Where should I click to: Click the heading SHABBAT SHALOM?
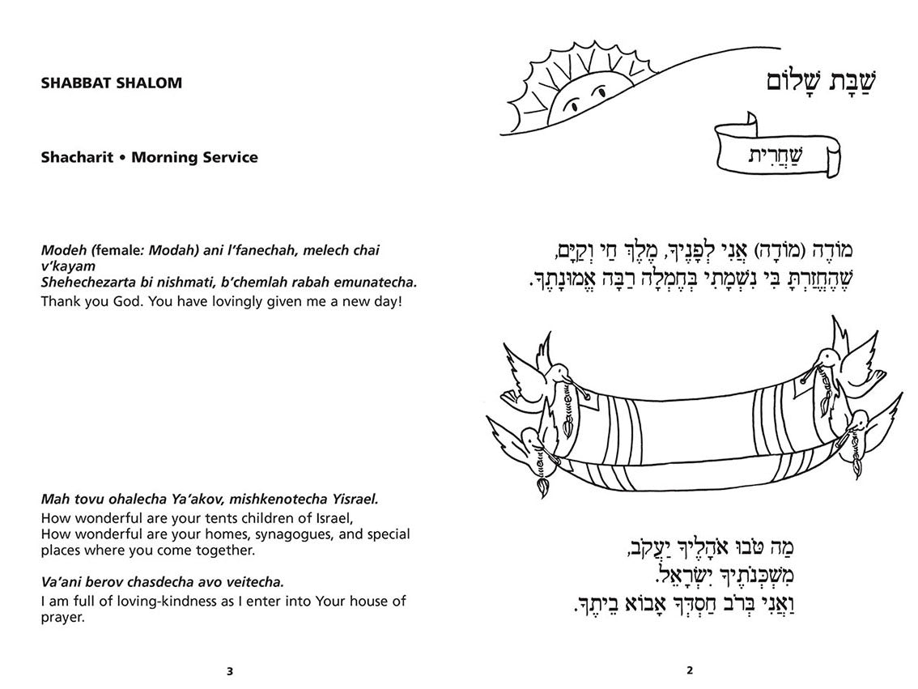click(111, 83)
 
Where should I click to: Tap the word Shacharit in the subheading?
click(73, 157)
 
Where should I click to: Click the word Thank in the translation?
click(59, 301)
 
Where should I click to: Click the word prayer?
click(62, 617)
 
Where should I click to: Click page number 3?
click(230, 670)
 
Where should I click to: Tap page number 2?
click(689, 670)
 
